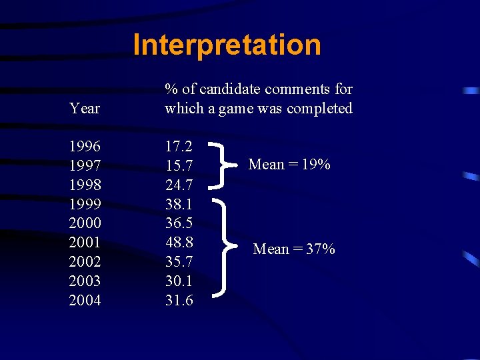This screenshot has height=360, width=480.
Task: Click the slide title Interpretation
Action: [227, 45]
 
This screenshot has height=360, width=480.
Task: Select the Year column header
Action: [85, 108]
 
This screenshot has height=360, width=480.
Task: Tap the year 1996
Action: [85, 146]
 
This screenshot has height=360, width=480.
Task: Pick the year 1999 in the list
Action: [85, 204]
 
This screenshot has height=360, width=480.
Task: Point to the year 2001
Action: [85, 243]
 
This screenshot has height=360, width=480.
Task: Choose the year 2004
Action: [85, 301]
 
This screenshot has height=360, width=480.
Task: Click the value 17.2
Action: [179, 146]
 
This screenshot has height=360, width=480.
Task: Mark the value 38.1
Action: [179, 204]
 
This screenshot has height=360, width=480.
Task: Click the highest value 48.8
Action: [179, 243]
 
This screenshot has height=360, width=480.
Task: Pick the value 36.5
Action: [179, 223]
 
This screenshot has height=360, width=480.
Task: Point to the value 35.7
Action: [179, 262]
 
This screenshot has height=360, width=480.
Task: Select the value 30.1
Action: [179, 281]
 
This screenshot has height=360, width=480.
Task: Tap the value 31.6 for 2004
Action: [179, 301]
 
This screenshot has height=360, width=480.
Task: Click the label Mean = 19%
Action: [289, 164]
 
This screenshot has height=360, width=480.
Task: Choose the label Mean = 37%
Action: [294, 249]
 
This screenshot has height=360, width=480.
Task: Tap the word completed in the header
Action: [319, 108]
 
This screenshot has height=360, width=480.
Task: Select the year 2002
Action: [85, 262]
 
